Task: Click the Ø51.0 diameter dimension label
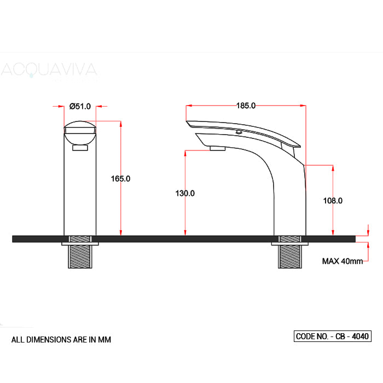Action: (x=80, y=106)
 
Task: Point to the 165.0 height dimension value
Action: (x=120, y=178)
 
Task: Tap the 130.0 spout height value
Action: (x=185, y=193)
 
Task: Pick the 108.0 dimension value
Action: (x=333, y=201)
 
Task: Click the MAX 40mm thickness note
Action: (x=342, y=261)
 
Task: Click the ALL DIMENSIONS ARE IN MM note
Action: (x=61, y=339)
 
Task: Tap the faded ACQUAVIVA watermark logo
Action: (x=49, y=70)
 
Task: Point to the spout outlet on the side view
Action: (x=218, y=148)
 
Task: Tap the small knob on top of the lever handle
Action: (x=239, y=132)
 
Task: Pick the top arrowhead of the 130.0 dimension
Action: (x=185, y=154)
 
